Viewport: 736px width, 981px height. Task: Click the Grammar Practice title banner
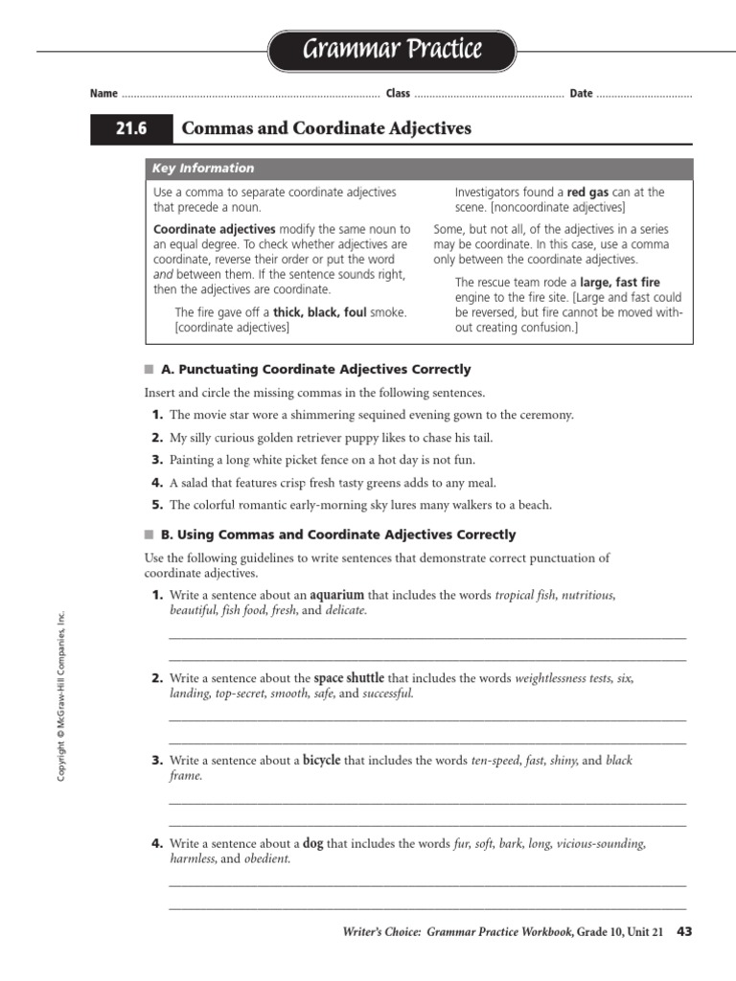pyautogui.click(x=391, y=51)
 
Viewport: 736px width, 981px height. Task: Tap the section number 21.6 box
pyautogui.click(x=131, y=128)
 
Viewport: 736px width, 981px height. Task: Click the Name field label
pyautogui.click(x=103, y=93)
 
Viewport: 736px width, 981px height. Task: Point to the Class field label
pyautogui.click(x=398, y=93)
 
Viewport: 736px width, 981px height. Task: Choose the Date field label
pyautogui.click(x=581, y=93)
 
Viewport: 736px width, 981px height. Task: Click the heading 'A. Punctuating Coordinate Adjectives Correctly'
pyautogui.click(x=315, y=369)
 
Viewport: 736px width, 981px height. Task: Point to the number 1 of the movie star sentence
pyautogui.click(x=156, y=415)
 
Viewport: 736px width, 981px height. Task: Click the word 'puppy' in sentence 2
pyautogui.click(x=348, y=438)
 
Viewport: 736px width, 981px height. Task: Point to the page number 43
pyautogui.click(x=684, y=931)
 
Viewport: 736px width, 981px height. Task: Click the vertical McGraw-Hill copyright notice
pyautogui.click(x=59, y=696)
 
